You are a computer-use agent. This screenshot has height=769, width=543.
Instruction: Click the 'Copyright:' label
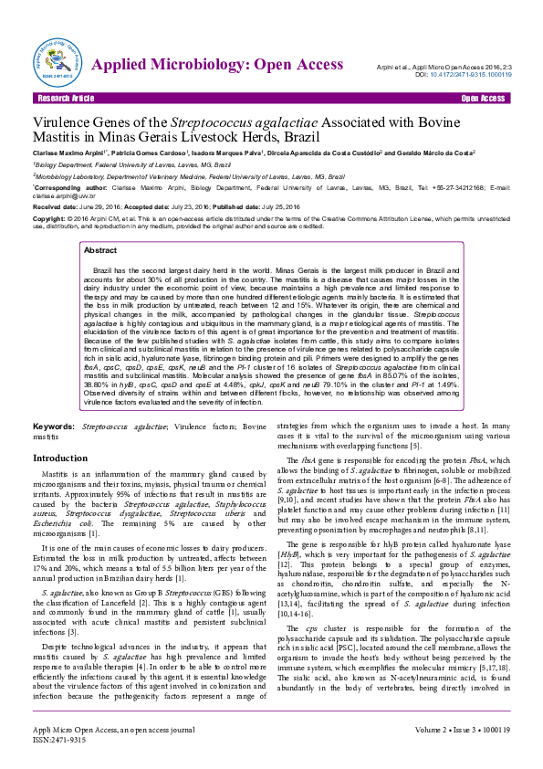[x=49, y=219]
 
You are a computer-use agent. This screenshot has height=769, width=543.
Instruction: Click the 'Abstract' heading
[x=99, y=249]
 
